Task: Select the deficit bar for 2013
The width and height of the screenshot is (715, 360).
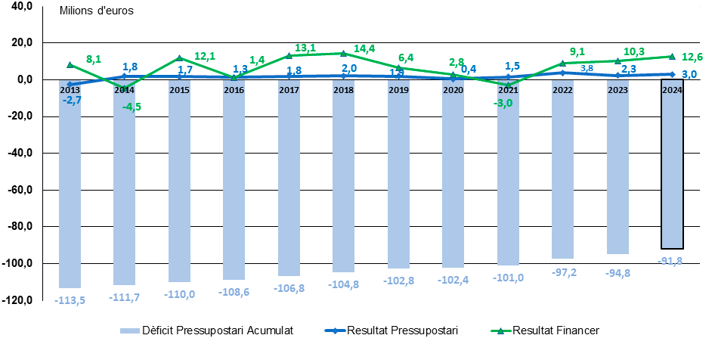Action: (70, 185)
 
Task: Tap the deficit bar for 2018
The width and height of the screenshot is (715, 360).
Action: (343, 178)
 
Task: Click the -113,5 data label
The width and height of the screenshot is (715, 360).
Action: (70, 299)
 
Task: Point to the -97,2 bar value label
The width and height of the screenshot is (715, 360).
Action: (562, 272)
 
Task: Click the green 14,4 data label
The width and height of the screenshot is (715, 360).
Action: (364, 48)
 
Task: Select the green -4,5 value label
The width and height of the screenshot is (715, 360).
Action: (132, 107)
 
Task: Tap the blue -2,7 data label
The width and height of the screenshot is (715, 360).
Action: (73, 100)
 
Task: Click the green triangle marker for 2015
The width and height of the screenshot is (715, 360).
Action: (179, 58)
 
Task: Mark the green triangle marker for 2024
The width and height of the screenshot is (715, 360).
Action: (672, 56)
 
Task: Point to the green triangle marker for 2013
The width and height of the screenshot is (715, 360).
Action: (70, 65)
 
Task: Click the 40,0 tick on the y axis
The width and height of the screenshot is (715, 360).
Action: (22, 6)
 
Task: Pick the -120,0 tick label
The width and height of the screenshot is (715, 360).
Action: (18, 300)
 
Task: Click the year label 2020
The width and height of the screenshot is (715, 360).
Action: (453, 89)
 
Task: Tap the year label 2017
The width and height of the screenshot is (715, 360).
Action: (289, 89)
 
